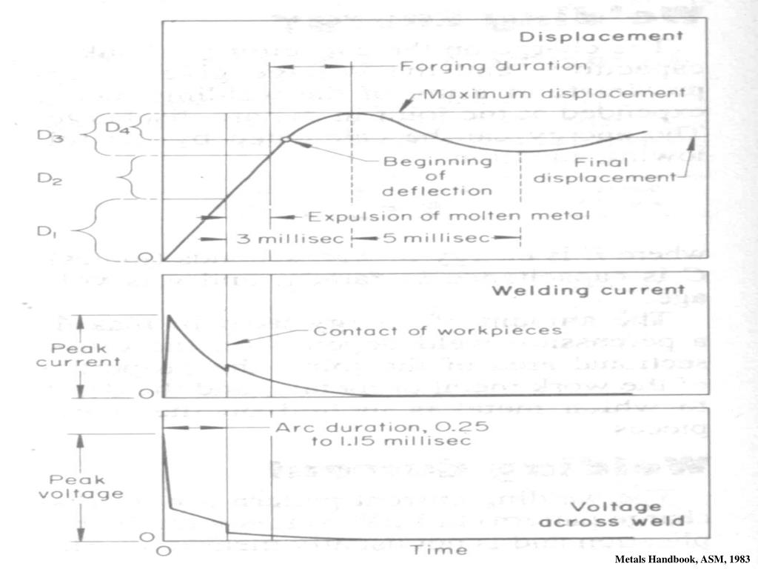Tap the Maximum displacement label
point(554,94)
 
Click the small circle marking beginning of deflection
point(286,139)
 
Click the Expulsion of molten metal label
point(449,216)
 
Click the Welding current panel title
point(598,290)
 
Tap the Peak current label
point(88,355)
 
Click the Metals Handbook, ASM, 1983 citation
point(682,559)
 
